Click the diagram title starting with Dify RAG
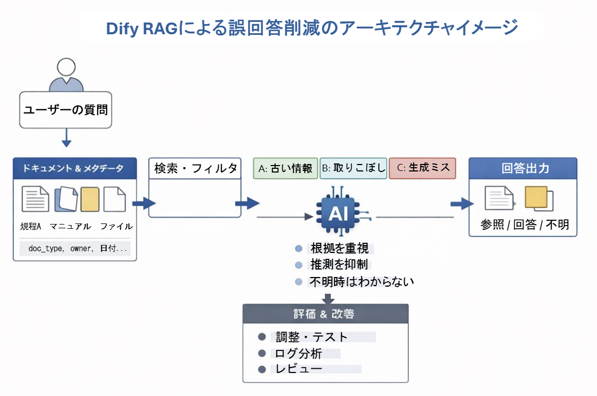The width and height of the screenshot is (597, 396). pyautogui.click(x=312, y=27)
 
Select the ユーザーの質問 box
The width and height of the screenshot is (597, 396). pyautogui.click(x=65, y=110)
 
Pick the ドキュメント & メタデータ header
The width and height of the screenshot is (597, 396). pyautogui.click(x=75, y=168)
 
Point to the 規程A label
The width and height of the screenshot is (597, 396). pyautogui.click(x=31, y=226)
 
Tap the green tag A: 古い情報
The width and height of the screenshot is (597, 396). pyautogui.click(x=285, y=168)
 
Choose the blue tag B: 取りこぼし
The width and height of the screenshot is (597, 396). pyautogui.click(x=353, y=168)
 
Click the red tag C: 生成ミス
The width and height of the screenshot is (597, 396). pyautogui.click(x=422, y=168)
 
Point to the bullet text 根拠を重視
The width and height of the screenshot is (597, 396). pyautogui.click(x=340, y=249)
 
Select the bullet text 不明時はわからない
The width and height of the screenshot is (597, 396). pyautogui.click(x=362, y=281)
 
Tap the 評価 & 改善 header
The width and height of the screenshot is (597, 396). pyautogui.click(x=326, y=313)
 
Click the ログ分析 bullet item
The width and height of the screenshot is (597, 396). pyautogui.click(x=299, y=353)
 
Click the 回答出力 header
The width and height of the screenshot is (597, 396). pyautogui.click(x=522, y=168)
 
